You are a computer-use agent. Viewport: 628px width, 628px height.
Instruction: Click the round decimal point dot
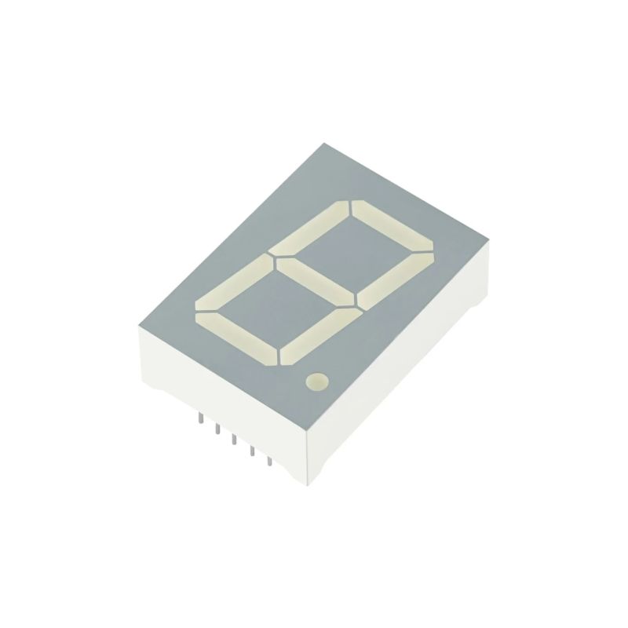(316, 382)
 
